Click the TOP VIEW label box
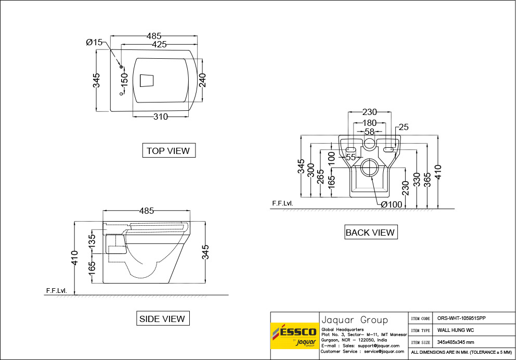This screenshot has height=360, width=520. tap(168, 151)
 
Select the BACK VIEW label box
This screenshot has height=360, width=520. tap(370, 233)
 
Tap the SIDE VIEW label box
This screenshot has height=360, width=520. tap(162, 318)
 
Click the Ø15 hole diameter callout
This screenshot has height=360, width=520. tap(95, 42)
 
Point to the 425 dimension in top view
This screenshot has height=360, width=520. tap(159, 45)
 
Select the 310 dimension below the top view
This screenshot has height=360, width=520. tap(161, 117)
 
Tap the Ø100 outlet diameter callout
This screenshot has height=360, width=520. tap(391, 204)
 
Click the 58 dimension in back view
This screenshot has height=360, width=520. tap(370, 132)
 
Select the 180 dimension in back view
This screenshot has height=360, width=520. tap(370, 123)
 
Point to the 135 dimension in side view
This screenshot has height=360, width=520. tap(92, 242)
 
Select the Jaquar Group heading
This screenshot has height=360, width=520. tap(355, 319)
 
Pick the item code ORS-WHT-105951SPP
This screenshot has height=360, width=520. tap(462, 318)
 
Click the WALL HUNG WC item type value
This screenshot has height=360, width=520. tap(455, 330)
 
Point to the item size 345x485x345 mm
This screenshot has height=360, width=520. tap(456, 342)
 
